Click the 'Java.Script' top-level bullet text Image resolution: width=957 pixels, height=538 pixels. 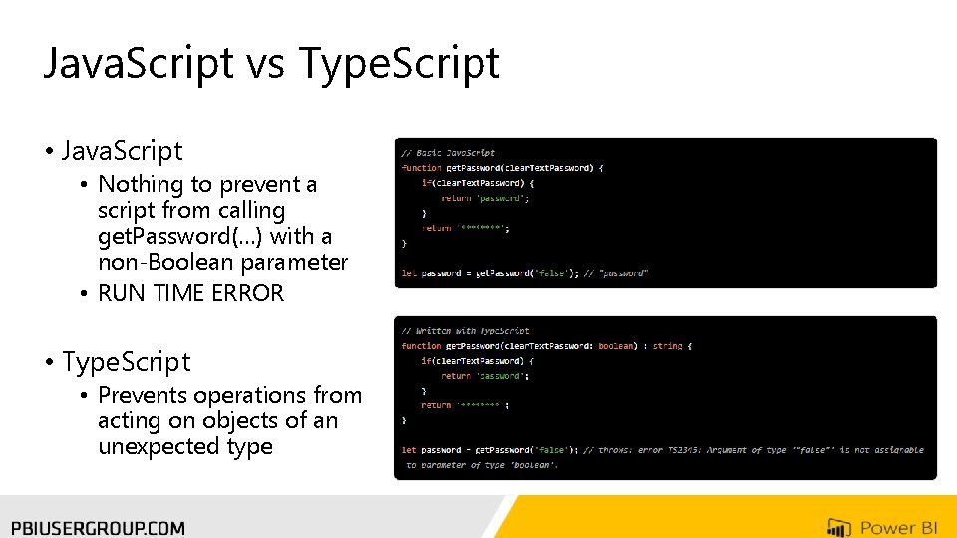coord(122,151)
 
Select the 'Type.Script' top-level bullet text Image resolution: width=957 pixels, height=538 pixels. coord(126,361)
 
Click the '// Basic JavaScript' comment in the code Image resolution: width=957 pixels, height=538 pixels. coord(448,153)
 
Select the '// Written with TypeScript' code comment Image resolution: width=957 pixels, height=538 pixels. coord(466,331)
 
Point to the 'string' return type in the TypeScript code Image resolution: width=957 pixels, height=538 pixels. coord(667,346)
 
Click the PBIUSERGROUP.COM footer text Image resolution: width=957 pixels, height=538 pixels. coord(98,527)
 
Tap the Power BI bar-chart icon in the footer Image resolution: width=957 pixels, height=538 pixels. coord(839,527)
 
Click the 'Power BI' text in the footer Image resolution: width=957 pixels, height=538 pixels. coord(898,527)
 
